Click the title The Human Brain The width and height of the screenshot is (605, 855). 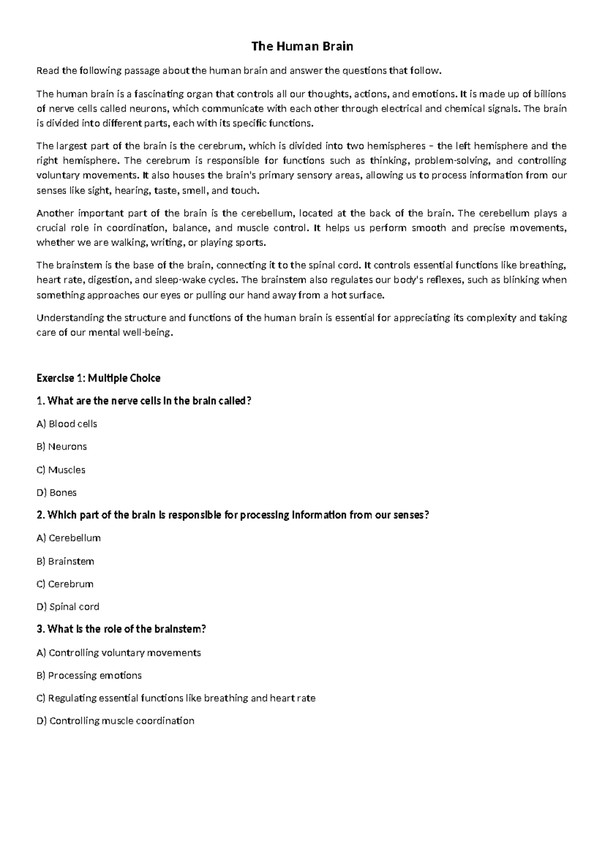point(302,47)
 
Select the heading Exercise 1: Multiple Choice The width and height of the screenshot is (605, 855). point(98,378)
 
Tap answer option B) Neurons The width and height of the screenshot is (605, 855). point(62,447)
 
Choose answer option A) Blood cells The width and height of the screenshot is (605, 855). point(67,424)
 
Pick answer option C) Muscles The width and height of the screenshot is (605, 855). point(61,470)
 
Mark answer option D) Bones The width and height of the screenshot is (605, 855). point(56,493)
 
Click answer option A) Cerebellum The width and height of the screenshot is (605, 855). point(69,538)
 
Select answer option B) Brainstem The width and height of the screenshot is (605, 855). point(65,561)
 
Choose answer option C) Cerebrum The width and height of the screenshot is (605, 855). point(65,584)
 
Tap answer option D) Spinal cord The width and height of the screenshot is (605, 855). point(68,606)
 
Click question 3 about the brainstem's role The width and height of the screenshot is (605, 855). point(122,629)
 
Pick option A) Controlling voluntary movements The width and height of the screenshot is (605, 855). point(118,652)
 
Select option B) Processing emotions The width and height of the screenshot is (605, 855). point(89,675)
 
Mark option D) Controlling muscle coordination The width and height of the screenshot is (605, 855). point(115,721)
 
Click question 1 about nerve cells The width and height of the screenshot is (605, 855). point(144,401)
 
